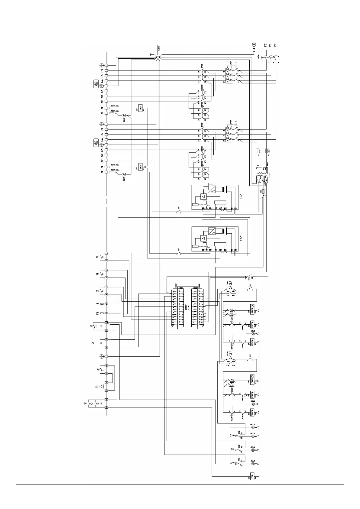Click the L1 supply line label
(265, 46)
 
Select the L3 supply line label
(275, 46)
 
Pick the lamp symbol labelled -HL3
(253, 334)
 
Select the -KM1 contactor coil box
(253, 307)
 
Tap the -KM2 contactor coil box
(253, 378)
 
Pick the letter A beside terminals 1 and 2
(97, 257)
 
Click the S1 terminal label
(97, 304)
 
